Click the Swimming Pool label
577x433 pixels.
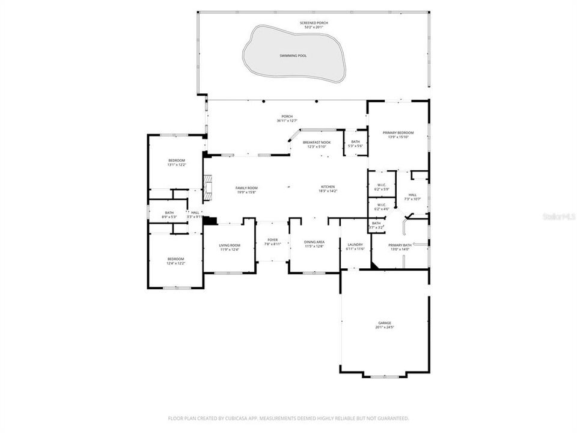[x=293, y=55]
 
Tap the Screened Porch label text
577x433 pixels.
[x=314, y=23]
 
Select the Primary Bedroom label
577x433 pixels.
[x=397, y=133]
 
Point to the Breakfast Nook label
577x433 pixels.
[x=316, y=142]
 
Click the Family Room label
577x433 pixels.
[x=246, y=188]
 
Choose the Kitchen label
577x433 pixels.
[x=328, y=187]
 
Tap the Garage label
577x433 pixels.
[x=385, y=323]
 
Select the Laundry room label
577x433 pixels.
[x=355, y=244]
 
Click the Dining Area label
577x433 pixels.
[x=314, y=242]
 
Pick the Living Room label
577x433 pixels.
[x=229, y=245]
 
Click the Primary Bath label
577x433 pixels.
[x=399, y=245]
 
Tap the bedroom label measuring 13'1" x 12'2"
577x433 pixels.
[x=176, y=160]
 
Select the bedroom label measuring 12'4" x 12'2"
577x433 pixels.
[x=176, y=259]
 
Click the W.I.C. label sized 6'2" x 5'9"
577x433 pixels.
[x=381, y=185]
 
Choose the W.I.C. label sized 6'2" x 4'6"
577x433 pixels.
[x=381, y=204]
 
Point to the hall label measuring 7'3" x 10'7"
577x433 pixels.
[x=412, y=195]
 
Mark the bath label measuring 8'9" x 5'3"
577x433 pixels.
[x=169, y=212]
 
